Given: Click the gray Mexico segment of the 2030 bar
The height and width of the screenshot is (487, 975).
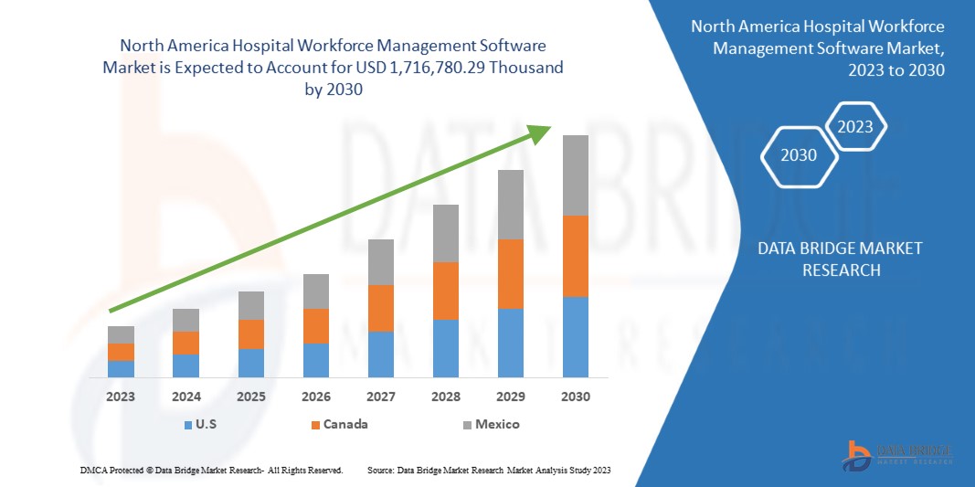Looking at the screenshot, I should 575,175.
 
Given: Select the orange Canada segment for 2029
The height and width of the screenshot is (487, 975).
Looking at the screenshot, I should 510,273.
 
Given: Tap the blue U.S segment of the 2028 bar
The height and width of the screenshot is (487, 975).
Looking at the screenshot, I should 445,348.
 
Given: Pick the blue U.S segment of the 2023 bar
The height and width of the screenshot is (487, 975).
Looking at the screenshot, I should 121,368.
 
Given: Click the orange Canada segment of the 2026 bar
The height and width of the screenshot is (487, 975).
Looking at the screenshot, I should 315,325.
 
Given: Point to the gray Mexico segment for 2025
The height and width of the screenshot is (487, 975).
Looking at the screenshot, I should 250,305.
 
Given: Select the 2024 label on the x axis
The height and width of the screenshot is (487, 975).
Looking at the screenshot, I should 185,397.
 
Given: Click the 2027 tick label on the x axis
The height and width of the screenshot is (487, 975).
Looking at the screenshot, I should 380,397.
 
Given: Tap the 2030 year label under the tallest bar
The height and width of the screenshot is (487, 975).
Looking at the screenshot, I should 575,397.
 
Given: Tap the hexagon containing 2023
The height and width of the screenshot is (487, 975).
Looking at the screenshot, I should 855,127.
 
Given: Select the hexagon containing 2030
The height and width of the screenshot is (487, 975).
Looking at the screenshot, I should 799,155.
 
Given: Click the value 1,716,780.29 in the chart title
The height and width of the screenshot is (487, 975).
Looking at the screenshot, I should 468,68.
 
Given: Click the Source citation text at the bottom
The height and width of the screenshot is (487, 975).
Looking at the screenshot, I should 488,470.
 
